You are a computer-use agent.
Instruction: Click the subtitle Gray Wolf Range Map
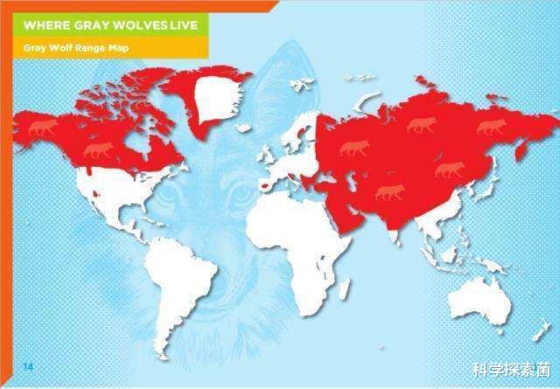click(75, 48)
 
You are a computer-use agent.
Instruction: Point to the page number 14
click(28, 365)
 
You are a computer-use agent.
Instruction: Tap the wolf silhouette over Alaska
click(42, 129)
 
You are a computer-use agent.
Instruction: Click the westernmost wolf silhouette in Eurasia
click(354, 148)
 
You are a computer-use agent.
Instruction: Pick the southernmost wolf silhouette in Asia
click(389, 191)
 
